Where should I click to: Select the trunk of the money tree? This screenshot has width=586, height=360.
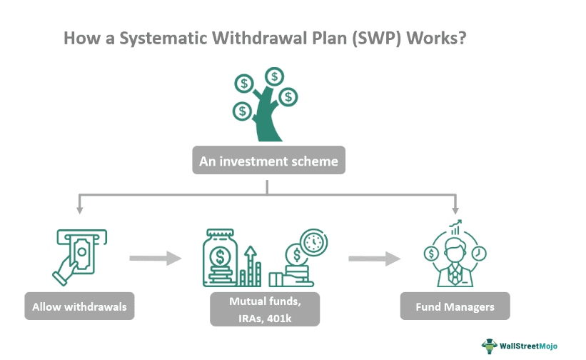click(x=265, y=121)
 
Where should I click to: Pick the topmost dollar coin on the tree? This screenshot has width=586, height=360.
click(x=274, y=76)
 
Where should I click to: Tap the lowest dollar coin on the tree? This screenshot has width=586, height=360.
click(x=243, y=111)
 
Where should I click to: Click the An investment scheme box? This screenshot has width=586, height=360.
click(x=268, y=161)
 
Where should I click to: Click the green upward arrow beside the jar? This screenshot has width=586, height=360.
click(x=251, y=264)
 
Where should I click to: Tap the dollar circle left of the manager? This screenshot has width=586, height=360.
click(x=430, y=254)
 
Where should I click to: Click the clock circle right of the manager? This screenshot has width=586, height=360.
click(x=479, y=254)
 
